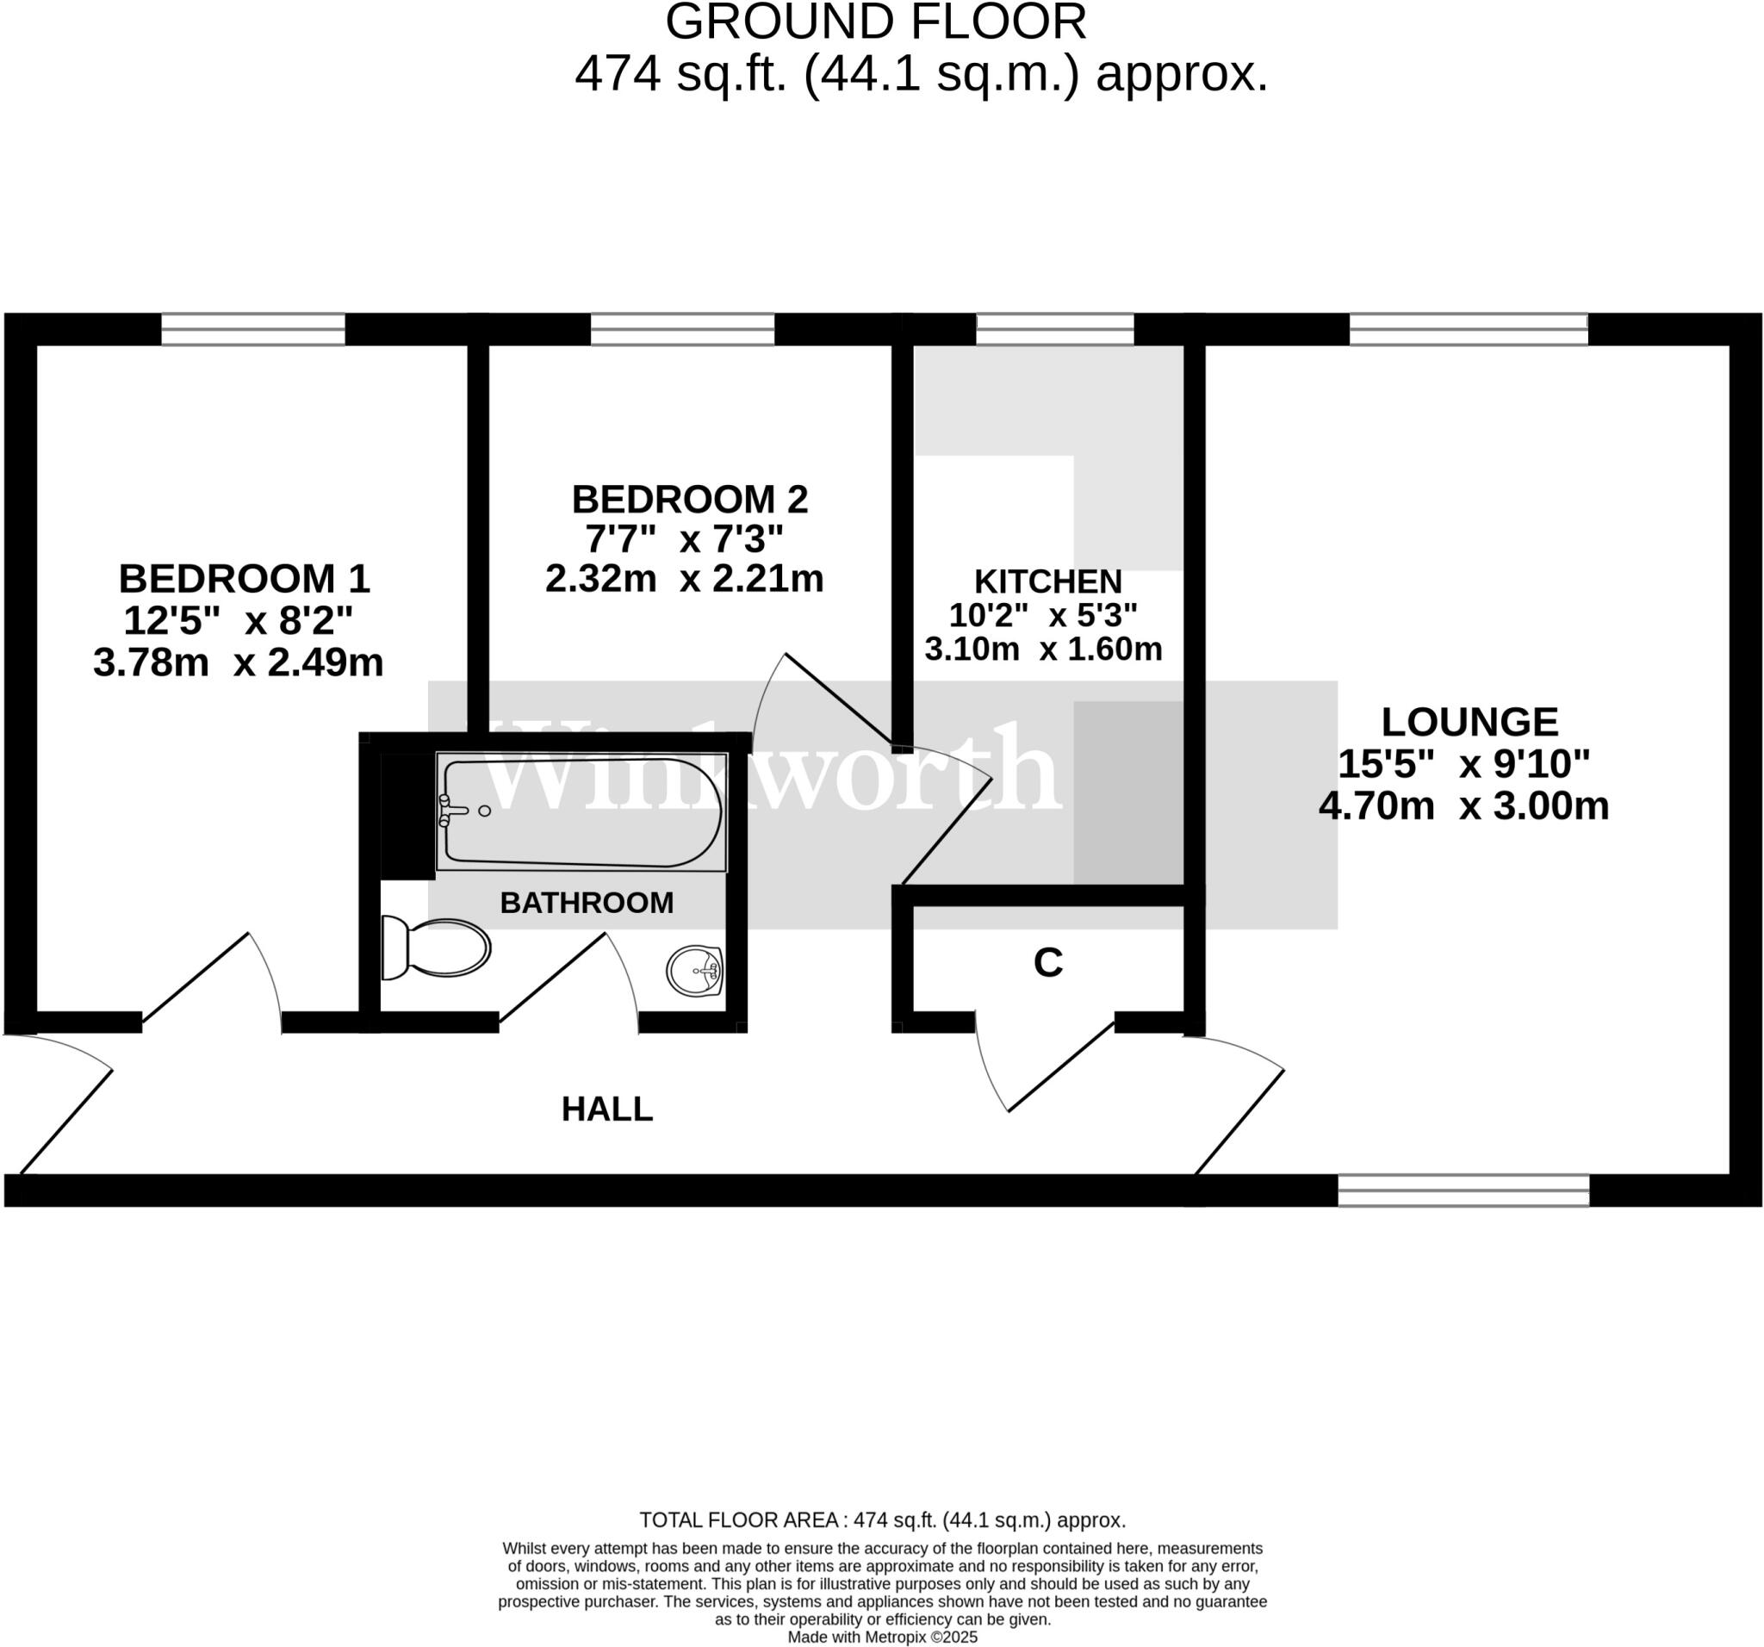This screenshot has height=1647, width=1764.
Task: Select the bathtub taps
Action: (x=452, y=811)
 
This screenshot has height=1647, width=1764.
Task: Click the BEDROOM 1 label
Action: (x=244, y=579)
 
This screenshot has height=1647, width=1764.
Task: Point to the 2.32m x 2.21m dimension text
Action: (x=684, y=579)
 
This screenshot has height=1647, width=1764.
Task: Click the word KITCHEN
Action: (x=1048, y=581)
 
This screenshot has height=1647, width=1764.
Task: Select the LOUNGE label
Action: (x=1469, y=722)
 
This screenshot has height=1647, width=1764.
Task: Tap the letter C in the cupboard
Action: (x=1048, y=963)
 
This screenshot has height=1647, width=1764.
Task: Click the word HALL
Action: (x=607, y=1109)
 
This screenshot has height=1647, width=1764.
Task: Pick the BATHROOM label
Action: (x=587, y=903)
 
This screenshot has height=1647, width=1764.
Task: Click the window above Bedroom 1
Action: (x=253, y=329)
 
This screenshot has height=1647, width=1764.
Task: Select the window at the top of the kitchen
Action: (x=1055, y=329)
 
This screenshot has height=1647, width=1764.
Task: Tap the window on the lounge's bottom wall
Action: (x=1463, y=1190)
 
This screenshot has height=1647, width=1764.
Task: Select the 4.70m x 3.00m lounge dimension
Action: (x=1463, y=806)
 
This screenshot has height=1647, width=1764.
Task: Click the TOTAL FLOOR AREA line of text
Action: (x=882, y=1520)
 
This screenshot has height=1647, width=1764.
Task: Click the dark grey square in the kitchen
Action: (x=1127, y=792)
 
